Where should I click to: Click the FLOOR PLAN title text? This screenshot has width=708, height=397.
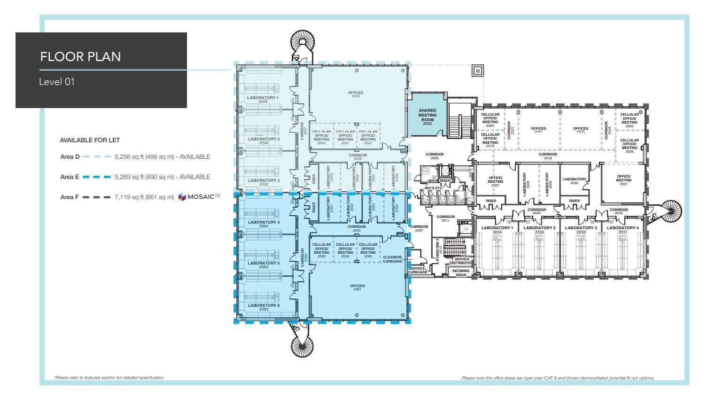tap(80, 56)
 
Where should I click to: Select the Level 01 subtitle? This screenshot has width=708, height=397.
tap(57, 82)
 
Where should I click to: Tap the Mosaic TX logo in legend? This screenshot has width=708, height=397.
tap(199, 197)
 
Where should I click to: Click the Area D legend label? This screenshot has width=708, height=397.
tap(70, 157)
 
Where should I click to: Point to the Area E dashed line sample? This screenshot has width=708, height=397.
tap(97, 177)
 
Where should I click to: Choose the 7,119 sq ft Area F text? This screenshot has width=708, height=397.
tap(144, 197)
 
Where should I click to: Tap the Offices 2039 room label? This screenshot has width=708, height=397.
tap(356, 94)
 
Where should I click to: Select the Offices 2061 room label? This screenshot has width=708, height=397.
tap(357, 287)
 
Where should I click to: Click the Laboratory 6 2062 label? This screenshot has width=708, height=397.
tap(264, 307)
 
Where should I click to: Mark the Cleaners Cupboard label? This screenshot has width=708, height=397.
tap(392, 259)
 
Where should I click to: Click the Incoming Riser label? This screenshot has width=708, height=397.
tap(460, 272)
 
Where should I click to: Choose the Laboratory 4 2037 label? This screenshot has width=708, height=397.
tap(622, 230)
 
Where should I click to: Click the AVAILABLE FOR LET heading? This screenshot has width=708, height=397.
tap(90, 140)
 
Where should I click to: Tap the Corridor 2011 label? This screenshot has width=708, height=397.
tap(445, 218)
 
